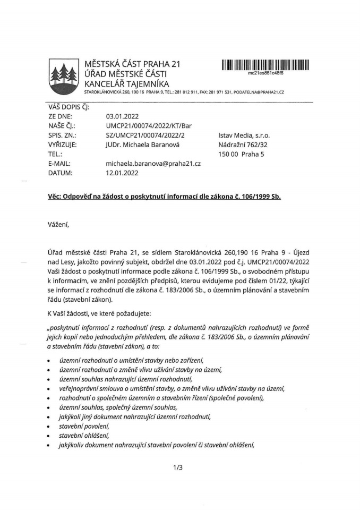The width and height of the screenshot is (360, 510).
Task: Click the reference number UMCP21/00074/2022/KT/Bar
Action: (149, 125)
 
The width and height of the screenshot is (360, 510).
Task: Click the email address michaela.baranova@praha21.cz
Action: (153, 164)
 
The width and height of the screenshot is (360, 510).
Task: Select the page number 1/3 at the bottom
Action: (178, 467)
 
